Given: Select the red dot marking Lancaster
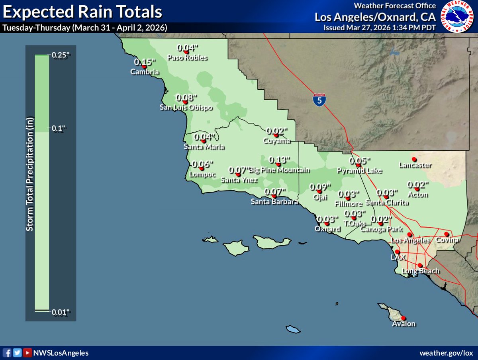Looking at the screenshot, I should tap(414, 159).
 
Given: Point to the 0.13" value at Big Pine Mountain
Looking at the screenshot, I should tap(279, 160).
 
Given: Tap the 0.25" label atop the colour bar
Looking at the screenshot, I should tap(61, 55).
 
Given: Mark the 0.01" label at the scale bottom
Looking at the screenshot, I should tap(61, 312).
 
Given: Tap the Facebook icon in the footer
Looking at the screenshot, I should tap(8, 353).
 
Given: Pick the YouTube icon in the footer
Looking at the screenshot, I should tap(26, 353).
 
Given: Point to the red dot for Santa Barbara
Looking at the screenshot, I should tap(274, 196).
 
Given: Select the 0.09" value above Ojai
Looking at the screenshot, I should tap(321, 187).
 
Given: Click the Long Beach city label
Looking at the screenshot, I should tap(421, 271).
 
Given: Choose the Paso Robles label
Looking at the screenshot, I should tap(187, 57).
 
